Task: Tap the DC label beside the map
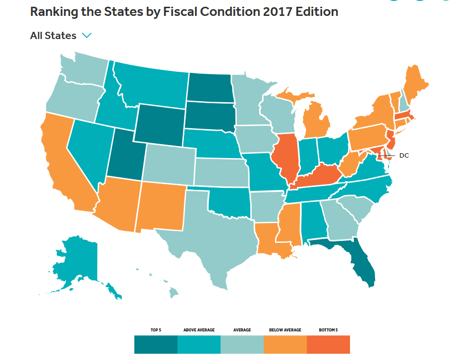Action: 404,156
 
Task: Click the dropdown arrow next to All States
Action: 87,36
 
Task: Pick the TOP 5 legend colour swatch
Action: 156,345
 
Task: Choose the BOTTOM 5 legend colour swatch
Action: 328,345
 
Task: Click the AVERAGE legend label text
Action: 242,330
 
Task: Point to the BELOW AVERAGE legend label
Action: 285,330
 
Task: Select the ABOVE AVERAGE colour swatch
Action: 199,345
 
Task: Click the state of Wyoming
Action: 159,125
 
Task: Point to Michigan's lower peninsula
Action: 316,122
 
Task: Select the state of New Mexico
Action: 161,206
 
